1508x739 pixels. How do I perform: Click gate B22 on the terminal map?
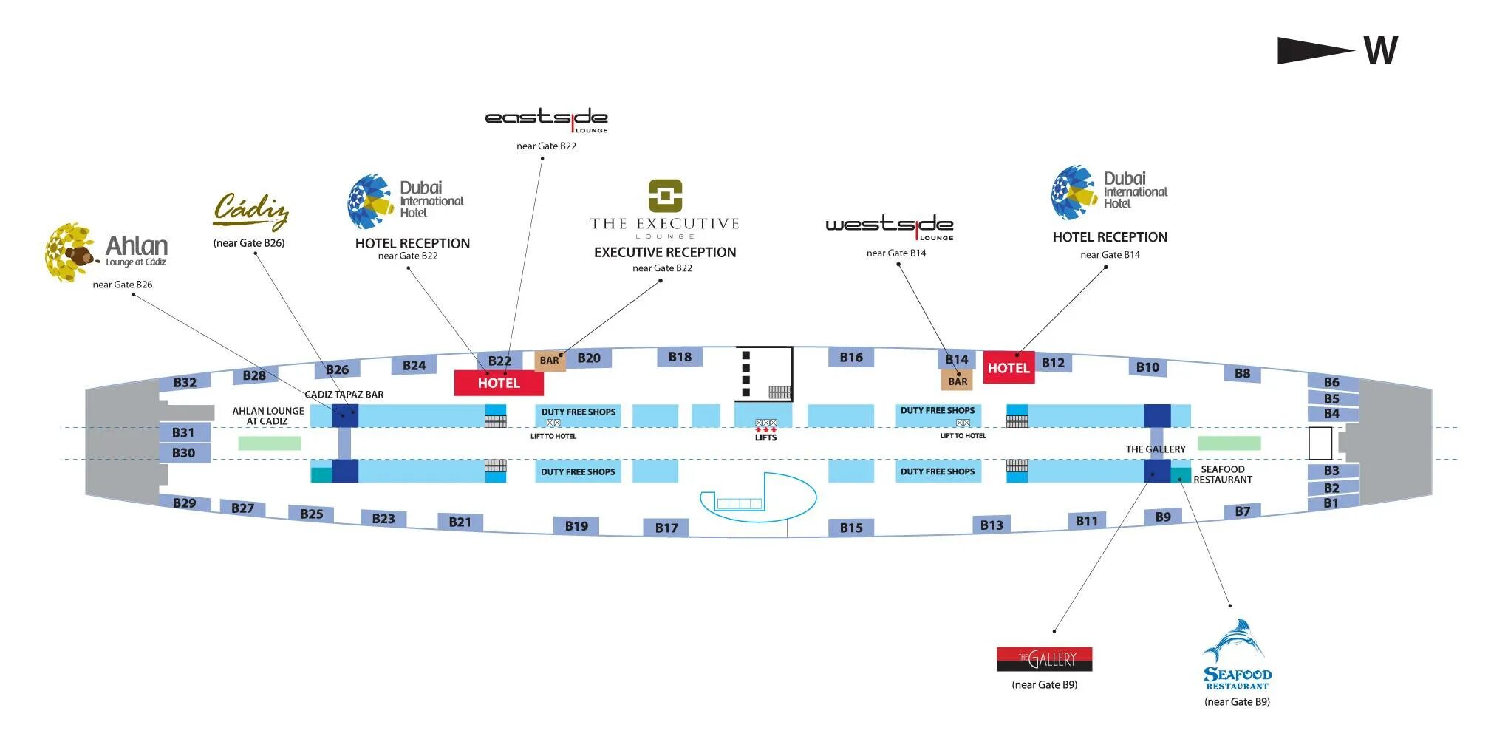click(x=499, y=361)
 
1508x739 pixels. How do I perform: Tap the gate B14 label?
click(x=957, y=359)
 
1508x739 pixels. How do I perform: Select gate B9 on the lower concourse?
click(x=1163, y=517)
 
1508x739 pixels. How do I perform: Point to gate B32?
click(x=185, y=382)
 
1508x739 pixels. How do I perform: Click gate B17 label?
click(x=666, y=528)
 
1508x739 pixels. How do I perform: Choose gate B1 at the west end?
click(x=1331, y=503)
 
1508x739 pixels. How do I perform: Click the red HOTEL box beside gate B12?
click(x=1009, y=368)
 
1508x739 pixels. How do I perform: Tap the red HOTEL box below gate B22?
click(x=499, y=383)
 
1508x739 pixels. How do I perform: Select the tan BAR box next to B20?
click(x=550, y=361)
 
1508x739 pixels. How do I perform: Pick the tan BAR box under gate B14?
click(x=958, y=381)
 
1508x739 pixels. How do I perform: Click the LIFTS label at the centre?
click(x=765, y=437)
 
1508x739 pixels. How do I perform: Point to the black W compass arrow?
click(x=1315, y=50)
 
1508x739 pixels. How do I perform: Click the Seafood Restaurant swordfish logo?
click(x=1235, y=641)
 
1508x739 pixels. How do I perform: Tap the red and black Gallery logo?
click(x=1044, y=658)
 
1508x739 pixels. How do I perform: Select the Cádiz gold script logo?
click(x=250, y=211)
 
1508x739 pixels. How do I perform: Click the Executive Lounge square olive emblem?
click(x=665, y=196)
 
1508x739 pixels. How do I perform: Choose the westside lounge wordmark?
click(x=889, y=225)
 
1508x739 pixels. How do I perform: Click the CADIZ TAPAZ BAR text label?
click(x=344, y=395)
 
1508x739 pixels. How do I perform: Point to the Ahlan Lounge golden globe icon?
click(x=71, y=253)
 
